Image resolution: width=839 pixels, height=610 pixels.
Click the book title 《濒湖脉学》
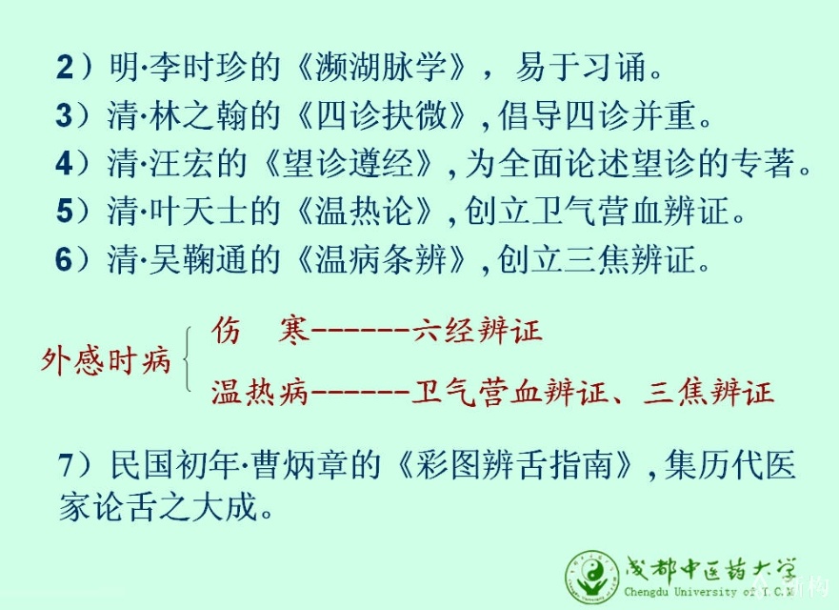coord(382,67)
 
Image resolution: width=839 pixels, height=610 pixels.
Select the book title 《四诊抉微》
coord(382,114)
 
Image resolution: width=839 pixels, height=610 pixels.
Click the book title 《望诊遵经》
coord(349,163)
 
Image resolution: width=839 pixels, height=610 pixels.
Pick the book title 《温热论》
coord(365,210)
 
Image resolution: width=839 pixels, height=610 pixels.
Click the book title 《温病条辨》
coord(382,258)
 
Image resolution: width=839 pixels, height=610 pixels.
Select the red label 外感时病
coord(106,359)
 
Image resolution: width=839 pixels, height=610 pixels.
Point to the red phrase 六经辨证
coord(478,329)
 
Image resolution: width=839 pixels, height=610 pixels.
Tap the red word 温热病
coord(261,392)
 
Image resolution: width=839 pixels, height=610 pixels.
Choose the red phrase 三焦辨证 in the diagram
coord(709,392)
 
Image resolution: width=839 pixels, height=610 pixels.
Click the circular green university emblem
coord(592,578)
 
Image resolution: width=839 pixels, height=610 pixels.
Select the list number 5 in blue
coord(64,211)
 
